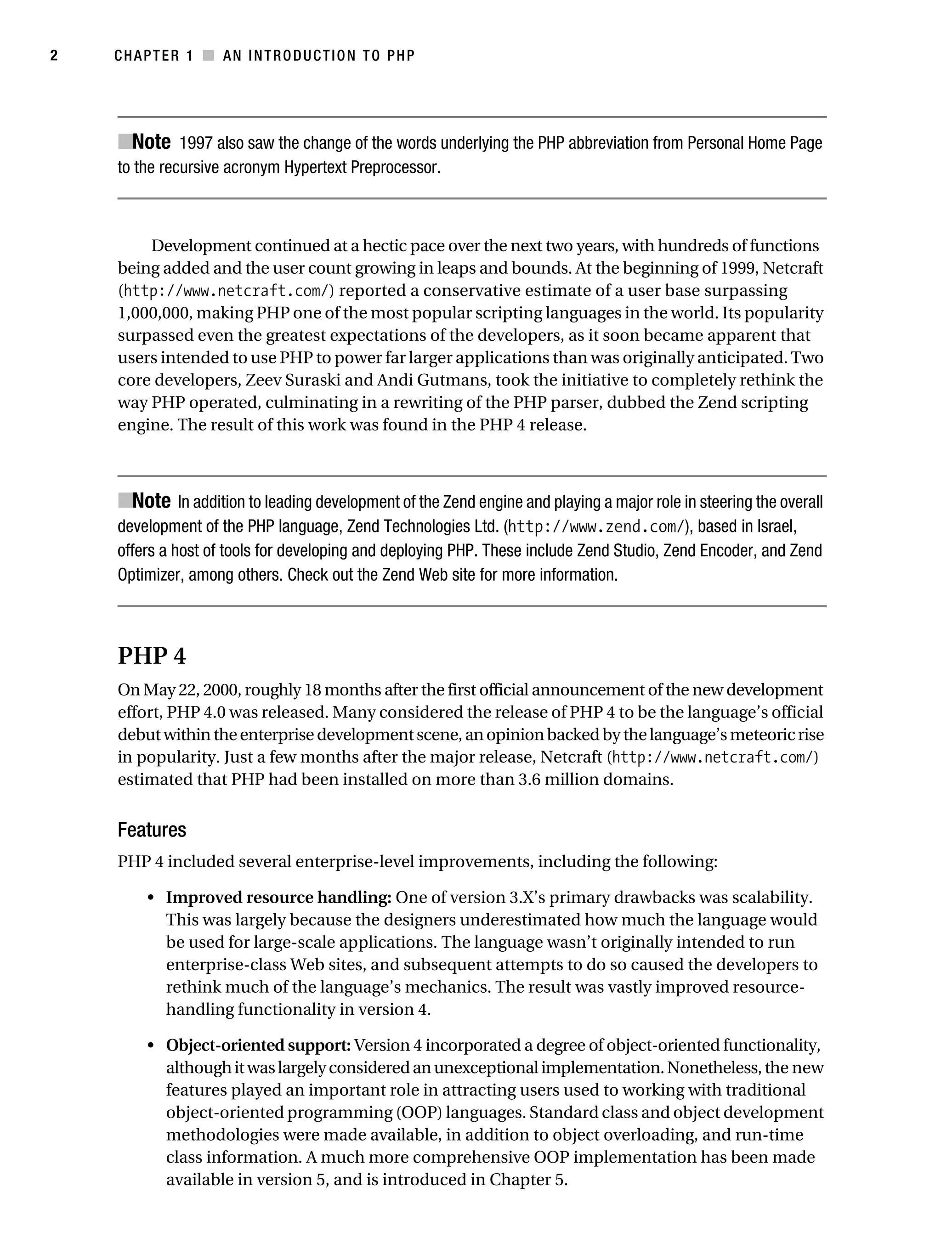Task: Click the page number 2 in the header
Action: (x=54, y=56)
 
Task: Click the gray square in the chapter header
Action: (x=209, y=56)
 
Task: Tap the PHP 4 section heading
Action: (x=152, y=656)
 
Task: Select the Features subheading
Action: (x=152, y=830)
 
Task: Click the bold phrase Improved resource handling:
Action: (x=279, y=898)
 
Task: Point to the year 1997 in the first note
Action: (x=196, y=144)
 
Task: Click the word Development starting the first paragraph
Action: (x=201, y=246)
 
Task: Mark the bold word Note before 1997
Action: (x=151, y=142)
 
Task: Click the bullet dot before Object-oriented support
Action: (x=150, y=1046)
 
